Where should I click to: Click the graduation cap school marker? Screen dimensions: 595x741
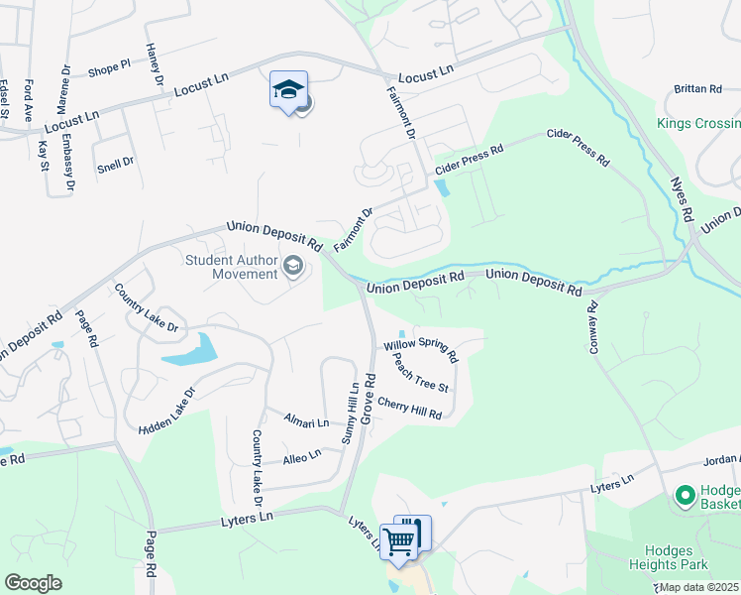tap(288, 90)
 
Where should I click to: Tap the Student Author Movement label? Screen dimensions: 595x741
tap(232, 267)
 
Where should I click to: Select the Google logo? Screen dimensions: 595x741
tap(33, 583)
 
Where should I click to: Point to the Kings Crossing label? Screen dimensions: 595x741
tap(698, 124)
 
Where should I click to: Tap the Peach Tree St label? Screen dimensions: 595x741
tap(421, 372)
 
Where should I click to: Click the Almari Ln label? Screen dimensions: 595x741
tap(306, 421)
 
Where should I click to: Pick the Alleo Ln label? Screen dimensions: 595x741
tap(302, 456)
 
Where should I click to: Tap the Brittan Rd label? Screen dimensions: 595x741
tap(697, 89)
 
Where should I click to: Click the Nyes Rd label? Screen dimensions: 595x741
tap(682, 201)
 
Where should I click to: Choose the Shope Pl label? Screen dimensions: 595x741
tap(109, 68)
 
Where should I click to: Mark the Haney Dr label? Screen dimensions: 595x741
tap(154, 63)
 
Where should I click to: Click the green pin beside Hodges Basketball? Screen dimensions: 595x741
tap(684, 494)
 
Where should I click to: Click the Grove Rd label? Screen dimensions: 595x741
tap(368, 399)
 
